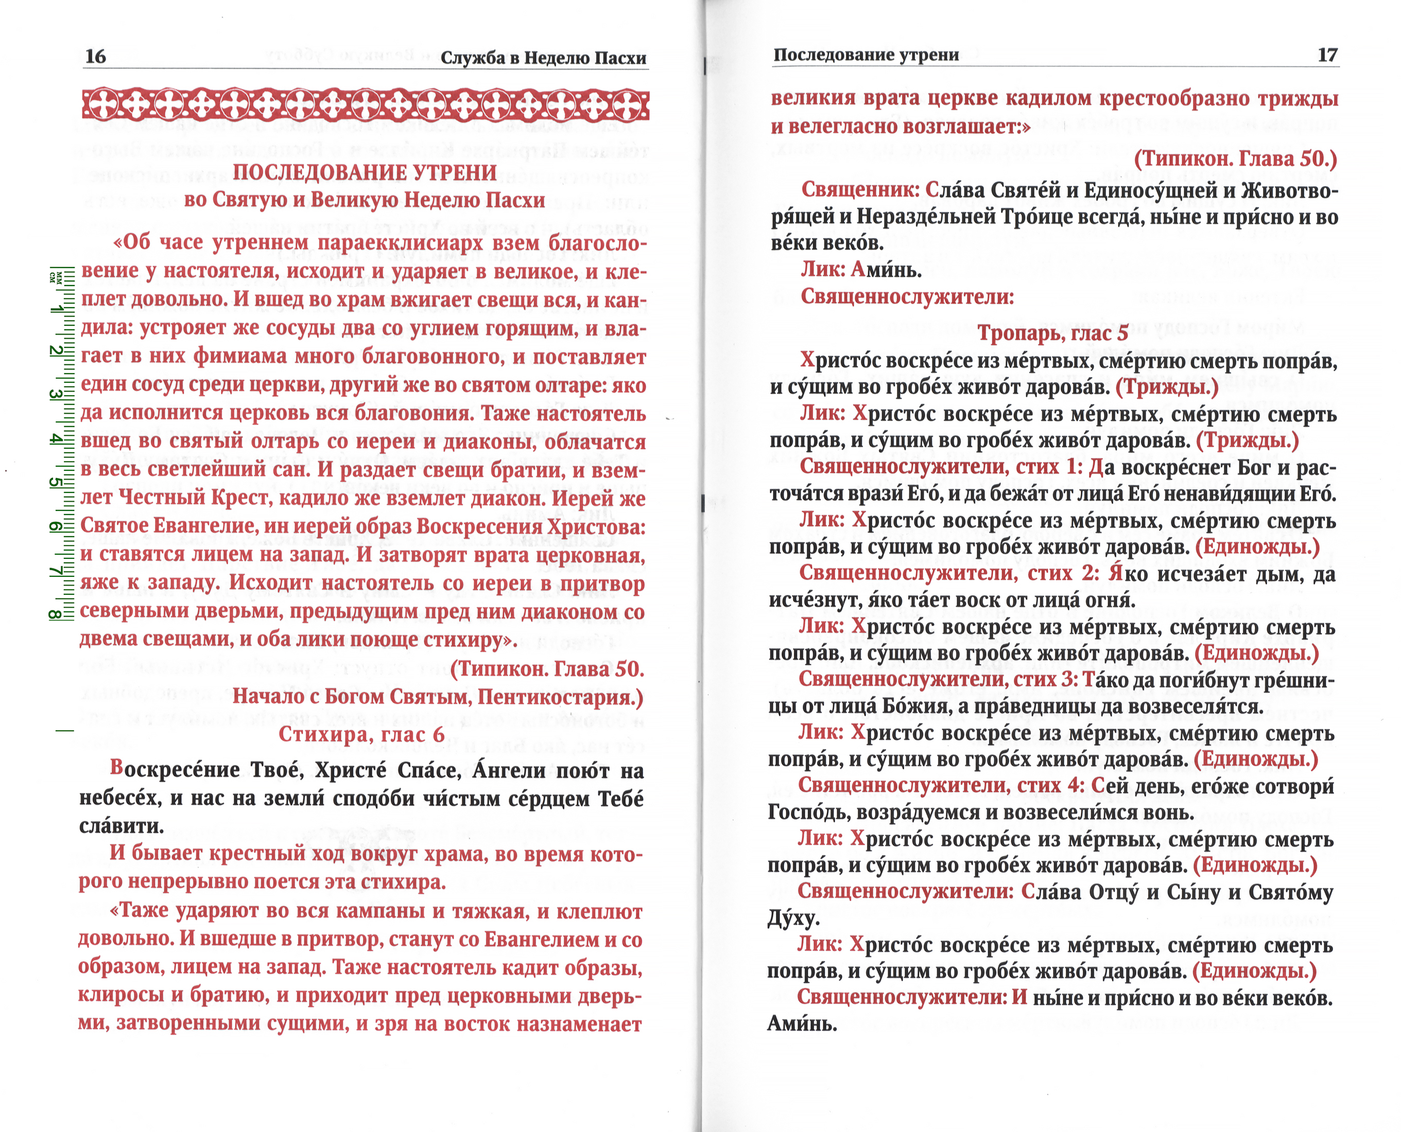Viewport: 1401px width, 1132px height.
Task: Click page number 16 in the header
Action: pos(95,56)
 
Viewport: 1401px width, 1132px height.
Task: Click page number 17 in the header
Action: pos(1327,55)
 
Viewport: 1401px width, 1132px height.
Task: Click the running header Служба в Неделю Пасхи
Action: pos(544,58)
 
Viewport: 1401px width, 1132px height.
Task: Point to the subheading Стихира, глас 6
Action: pos(361,734)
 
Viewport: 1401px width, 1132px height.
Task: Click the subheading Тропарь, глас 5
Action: pos(1052,333)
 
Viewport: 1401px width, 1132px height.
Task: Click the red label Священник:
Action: pos(860,190)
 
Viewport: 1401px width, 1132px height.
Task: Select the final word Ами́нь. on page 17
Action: pos(801,1024)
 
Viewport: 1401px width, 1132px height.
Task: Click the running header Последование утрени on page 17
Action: pos(866,55)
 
